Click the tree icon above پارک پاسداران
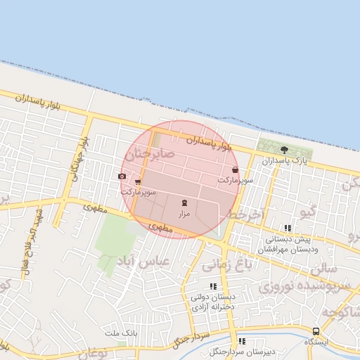284,149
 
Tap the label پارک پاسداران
285,161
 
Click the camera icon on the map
122,176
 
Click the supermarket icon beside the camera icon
137,182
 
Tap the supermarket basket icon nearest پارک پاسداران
234,170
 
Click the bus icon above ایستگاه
316,330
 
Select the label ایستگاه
316,341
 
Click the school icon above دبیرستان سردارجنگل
242,341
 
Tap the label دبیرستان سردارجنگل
242,351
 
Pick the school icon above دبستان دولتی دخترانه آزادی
212,286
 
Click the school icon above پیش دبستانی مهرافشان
287,228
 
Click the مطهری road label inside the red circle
161,228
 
